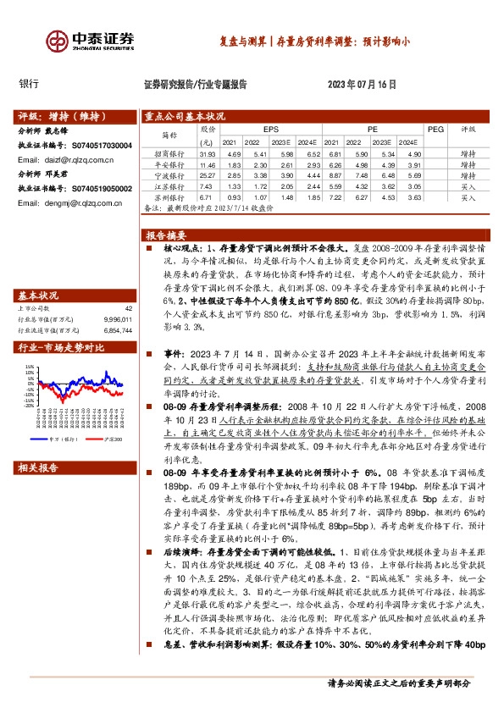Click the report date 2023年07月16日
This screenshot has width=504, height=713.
362,85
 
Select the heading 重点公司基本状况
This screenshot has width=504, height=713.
186,116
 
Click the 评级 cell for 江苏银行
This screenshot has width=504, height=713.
468,185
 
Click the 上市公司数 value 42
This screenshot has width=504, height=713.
129,308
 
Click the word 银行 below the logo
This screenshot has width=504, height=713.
29,84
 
